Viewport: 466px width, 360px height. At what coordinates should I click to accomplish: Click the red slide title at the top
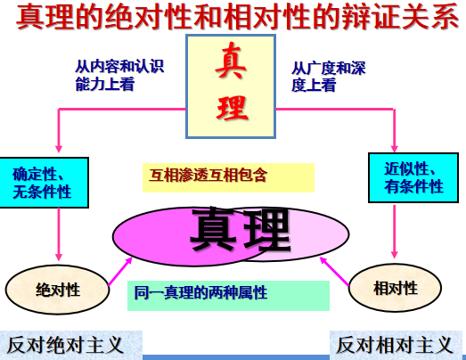pos(237,16)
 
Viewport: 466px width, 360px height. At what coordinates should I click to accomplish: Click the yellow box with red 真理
pos(231,86)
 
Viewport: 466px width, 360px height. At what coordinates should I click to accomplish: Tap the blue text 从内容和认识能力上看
pos(119,75)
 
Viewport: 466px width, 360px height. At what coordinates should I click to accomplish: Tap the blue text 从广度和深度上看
pos(329,77)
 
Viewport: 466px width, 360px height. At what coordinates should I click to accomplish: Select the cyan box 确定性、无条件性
pos(44,183)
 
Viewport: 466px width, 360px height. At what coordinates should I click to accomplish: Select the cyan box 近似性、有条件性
pos(413,177)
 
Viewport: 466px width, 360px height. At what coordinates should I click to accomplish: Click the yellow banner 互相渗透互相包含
pos(228,177)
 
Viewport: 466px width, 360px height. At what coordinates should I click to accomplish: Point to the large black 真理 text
pos(241,229)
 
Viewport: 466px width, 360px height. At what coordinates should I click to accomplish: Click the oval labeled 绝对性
pos(57,290)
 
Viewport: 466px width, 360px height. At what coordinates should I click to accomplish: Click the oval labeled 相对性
pos(395,288)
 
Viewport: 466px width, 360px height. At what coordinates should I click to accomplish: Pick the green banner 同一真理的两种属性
pos(228,296)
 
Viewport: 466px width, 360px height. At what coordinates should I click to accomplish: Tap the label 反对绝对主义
pos(65,345)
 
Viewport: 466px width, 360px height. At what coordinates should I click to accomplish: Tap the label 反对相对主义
pos(395,345)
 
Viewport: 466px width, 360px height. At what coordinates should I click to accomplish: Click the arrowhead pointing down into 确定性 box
pos(59,149)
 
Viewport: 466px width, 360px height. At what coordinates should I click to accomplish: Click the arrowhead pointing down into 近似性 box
pos(395,148)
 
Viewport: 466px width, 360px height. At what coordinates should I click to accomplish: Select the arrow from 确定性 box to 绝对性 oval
pos(59,234)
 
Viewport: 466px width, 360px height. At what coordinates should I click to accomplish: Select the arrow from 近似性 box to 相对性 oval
pos(395,232)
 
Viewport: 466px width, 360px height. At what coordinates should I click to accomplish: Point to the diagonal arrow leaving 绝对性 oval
pos(120,271)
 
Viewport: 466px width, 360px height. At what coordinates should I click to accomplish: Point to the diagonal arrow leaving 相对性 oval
pos(334,271)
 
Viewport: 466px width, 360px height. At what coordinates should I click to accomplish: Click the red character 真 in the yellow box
pos(231,61)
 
